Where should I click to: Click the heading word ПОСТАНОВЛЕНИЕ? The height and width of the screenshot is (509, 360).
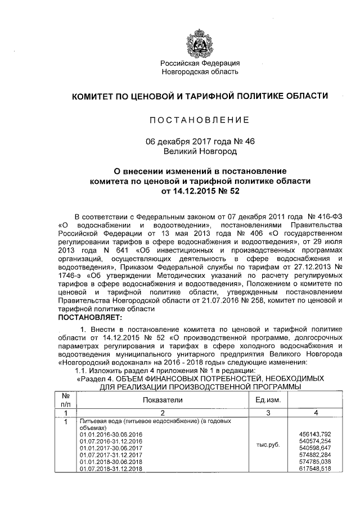[200, 120]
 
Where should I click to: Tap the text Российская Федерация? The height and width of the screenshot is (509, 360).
[200, 63]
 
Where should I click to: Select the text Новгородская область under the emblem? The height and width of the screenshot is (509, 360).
[200, 71]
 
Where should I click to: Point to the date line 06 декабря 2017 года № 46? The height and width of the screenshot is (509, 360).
[200, 142]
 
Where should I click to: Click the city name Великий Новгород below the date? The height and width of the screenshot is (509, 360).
[200, 151]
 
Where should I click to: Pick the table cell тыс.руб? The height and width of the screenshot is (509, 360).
[268, 444]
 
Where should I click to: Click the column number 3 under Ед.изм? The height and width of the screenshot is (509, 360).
[268, 412]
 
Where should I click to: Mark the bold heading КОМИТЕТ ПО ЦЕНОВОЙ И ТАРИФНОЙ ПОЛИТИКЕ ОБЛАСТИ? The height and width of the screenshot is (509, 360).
[200, 96]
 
